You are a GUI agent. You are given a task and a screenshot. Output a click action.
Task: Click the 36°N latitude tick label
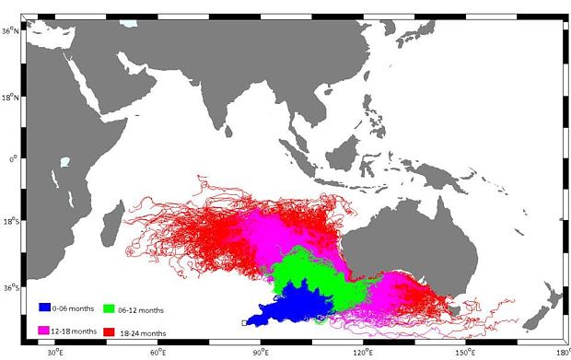pos(9,30)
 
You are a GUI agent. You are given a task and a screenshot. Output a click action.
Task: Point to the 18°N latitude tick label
pos(9,95)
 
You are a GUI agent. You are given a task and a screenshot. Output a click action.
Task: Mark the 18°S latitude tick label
pos(9,222)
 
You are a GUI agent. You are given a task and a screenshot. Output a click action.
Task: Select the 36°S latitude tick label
pos(9,287)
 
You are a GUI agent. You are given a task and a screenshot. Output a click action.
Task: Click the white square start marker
pos(244,322)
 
